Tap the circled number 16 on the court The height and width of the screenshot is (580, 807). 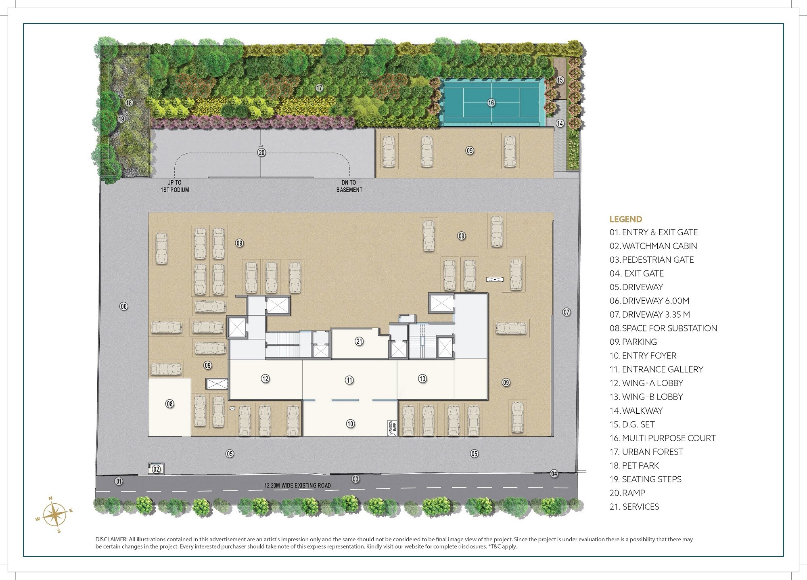(x=491, y=103)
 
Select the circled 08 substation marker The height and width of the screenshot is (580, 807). (x=169, y=404)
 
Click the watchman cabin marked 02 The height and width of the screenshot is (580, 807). (x=156, y=469)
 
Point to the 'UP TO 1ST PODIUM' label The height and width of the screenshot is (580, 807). (x=174, y=186)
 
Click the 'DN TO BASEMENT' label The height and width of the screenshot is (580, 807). (x=349, y=186)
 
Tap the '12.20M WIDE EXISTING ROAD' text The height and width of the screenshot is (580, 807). (x=297, y=486)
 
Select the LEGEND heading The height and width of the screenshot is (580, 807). (x=625, y=219)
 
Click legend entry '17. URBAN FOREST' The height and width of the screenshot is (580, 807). (x=646, y=452)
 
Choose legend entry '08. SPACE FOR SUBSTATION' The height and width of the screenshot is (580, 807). (x=663, y=328)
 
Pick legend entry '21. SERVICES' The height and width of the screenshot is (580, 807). (x=634, y=507)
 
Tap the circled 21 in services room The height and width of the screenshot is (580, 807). (x=359, y=341)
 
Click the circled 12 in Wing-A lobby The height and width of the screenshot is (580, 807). (x=265, y=379)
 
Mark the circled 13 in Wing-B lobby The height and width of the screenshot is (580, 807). (x=422, y=379)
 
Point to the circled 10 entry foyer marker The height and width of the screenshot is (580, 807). (x=350, y=423)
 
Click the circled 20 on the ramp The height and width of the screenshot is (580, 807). (x=261, y=153)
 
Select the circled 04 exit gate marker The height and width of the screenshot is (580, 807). (x=554, y=474)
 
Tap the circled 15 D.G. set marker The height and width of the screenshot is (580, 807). (x=560, y=80)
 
